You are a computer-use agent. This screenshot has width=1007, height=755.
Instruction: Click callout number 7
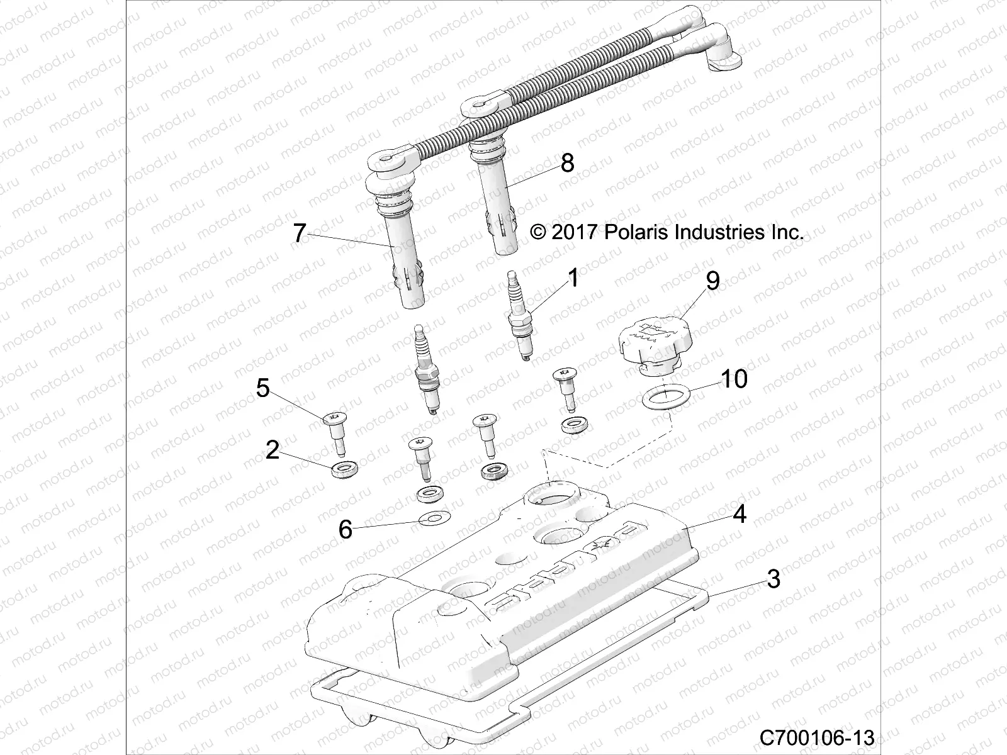click(300, 233)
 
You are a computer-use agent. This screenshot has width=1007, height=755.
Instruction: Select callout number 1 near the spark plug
click(573, 277)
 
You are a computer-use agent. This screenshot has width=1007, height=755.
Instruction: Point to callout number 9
click(712, 281)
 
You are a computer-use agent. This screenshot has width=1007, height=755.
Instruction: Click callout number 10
click(733, 379)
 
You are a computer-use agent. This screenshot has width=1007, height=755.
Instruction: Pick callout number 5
click(262, 388)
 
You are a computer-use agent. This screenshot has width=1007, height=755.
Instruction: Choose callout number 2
click(272, 450)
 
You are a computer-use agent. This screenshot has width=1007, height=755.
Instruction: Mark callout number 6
click(345, 529)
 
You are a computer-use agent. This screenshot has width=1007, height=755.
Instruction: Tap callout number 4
click(740, 514)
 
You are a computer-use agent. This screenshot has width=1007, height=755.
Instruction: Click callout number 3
click(774, 578)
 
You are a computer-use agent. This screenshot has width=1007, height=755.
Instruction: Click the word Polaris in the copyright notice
click(636, 232)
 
